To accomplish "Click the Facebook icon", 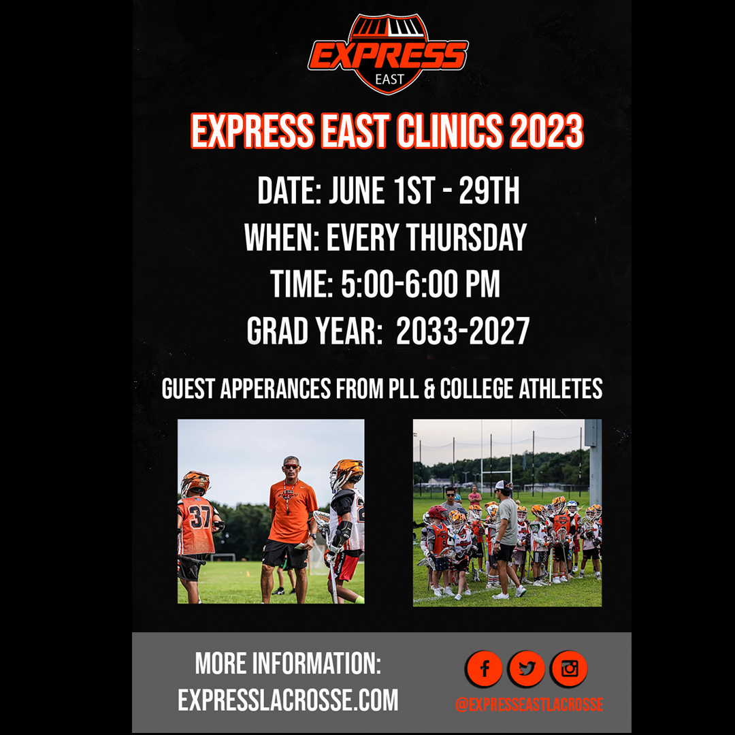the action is (485, 668).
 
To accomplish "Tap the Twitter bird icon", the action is (526, 668).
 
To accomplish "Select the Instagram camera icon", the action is (569, 668).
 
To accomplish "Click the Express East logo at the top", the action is (388, 54).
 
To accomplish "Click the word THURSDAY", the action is (466, 238).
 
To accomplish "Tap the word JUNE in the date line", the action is (356, 191).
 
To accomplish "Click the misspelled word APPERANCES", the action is (276, 389).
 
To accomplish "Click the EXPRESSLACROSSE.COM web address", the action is (288, 700).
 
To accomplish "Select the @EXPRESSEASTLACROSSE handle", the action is (529, 704).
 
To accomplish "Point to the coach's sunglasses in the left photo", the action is (291, 466).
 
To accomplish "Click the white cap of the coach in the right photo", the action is (503, 486).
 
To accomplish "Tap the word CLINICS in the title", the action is (450, 131).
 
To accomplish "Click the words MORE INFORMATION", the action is (288, 664).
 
